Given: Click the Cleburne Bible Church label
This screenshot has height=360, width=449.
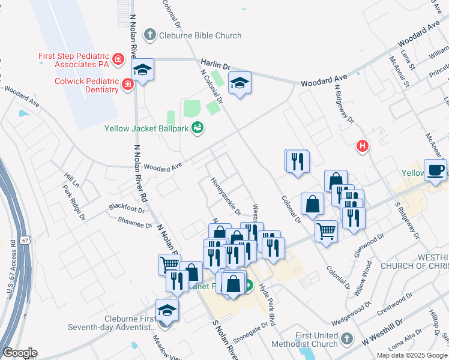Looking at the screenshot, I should [200, 35].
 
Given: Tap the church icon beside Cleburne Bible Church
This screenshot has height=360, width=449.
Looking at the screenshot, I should [150, 35].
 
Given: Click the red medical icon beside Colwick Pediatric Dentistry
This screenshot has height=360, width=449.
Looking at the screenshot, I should [127, 85].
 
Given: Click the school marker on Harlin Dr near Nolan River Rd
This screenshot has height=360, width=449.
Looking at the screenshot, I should [143, 70].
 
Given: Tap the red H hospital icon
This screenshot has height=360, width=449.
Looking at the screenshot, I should [363, 146].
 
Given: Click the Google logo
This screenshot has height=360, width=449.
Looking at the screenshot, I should [19, 353].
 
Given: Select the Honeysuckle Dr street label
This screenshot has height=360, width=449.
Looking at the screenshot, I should [225, 196].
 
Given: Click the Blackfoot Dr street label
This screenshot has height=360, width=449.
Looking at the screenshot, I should [127, 208].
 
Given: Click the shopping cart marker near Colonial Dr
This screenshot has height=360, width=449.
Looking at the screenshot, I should [326, 230].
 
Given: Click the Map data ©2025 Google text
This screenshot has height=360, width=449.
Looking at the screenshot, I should [411, 355].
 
